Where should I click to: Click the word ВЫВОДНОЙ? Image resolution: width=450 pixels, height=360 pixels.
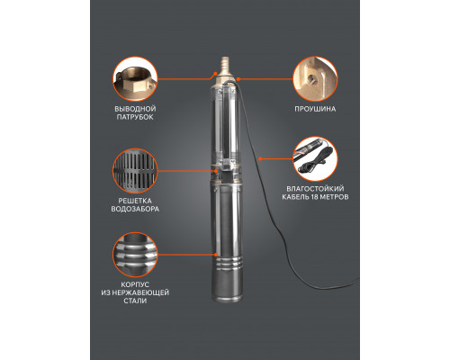point(135,109)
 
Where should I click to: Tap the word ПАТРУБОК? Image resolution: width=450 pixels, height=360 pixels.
point(135,117)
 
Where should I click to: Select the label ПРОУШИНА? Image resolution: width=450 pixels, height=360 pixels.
point(315,109)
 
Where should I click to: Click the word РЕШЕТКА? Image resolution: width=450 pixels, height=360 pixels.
point(135,201)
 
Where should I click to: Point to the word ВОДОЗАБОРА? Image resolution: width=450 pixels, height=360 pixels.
point(135,209)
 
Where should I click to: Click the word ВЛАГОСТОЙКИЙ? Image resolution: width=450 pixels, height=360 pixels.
point(315,189)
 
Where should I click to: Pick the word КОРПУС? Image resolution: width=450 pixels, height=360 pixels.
point(135,284)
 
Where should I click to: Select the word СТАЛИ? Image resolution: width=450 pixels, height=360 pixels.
point(135,301)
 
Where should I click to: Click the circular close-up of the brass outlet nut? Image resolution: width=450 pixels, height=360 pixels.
point(135,79)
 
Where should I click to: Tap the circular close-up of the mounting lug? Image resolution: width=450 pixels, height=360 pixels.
point(315,79)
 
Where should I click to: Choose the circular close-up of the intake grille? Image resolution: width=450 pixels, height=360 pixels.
point(135,171)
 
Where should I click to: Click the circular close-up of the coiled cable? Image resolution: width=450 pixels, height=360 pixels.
point(315,159)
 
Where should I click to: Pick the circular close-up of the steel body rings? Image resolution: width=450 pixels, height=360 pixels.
point(135,255)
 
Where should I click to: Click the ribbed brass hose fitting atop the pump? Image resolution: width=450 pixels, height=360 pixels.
point(225,66)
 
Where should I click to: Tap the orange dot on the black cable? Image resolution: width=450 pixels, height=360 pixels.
point(260,158)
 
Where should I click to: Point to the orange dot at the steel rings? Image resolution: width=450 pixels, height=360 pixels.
point(216,255)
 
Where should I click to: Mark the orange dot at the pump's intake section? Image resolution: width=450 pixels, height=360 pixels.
point(216,171)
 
